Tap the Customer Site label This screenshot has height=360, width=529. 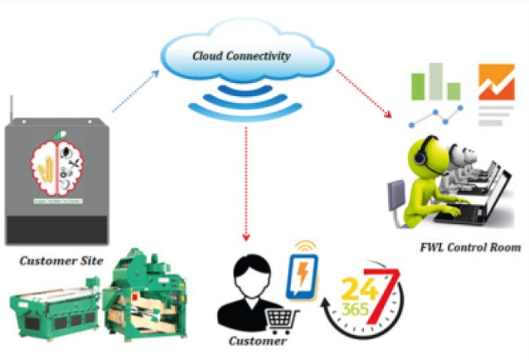click(x=61, y=261)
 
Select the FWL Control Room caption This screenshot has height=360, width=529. click(x=470, y=246)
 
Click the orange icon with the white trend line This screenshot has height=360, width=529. click(x=496, y=88)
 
